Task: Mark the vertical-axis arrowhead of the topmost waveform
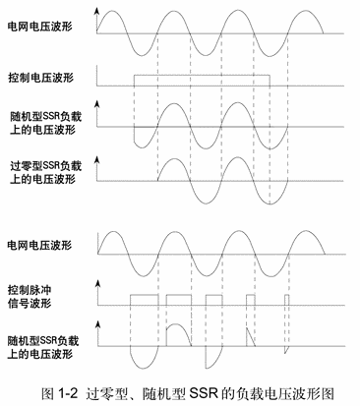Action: pyautogui.click(x=98, y=9)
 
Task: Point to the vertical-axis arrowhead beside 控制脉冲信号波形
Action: pyautogui.click(x=98, y=283)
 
